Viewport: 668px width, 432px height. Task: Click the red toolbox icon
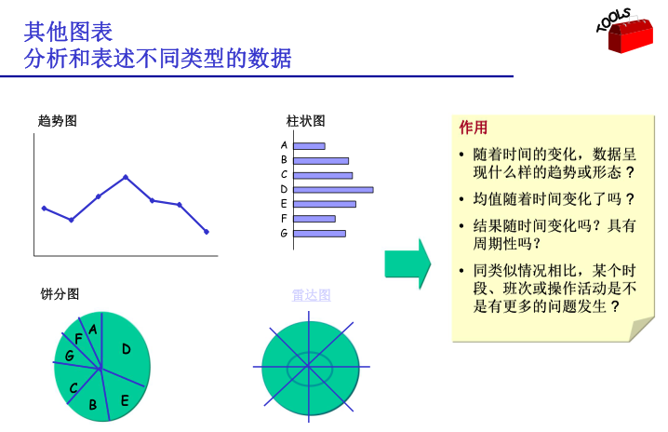coord(630,34)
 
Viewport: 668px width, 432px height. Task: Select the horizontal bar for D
coord(334,190)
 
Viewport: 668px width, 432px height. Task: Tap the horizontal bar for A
coord(309,146)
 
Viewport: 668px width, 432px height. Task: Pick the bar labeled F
coord(314,219)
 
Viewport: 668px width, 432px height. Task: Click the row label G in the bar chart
coord(284,234)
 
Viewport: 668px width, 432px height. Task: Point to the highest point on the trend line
coord(126,177)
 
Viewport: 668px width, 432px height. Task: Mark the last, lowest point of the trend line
coord(207,232)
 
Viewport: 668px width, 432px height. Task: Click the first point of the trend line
coord(44,209)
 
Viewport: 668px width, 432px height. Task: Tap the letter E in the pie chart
coord(125,400)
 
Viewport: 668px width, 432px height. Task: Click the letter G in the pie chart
coord(70,355)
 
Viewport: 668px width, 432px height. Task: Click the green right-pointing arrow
coord(407,264)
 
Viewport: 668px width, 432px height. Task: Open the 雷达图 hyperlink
coord(311,295)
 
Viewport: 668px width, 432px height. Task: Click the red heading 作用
coord(473,128)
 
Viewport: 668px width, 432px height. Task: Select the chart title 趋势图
coord(57,121)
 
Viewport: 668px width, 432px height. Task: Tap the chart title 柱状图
coord(305,121)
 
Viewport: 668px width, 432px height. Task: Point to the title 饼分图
coord(60,294)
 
